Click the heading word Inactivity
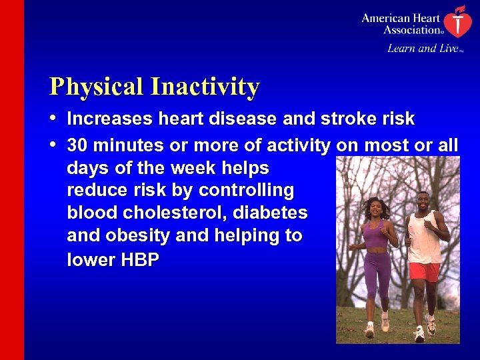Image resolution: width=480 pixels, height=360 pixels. click(x=205, y=87)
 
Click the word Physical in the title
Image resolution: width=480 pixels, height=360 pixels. click(x=97, y=87)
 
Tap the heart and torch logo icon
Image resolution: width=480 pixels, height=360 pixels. click(x=456, y=21)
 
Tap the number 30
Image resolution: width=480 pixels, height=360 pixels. click(x=77, y=145)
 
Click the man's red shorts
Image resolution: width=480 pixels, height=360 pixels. click(x=424, y=271)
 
